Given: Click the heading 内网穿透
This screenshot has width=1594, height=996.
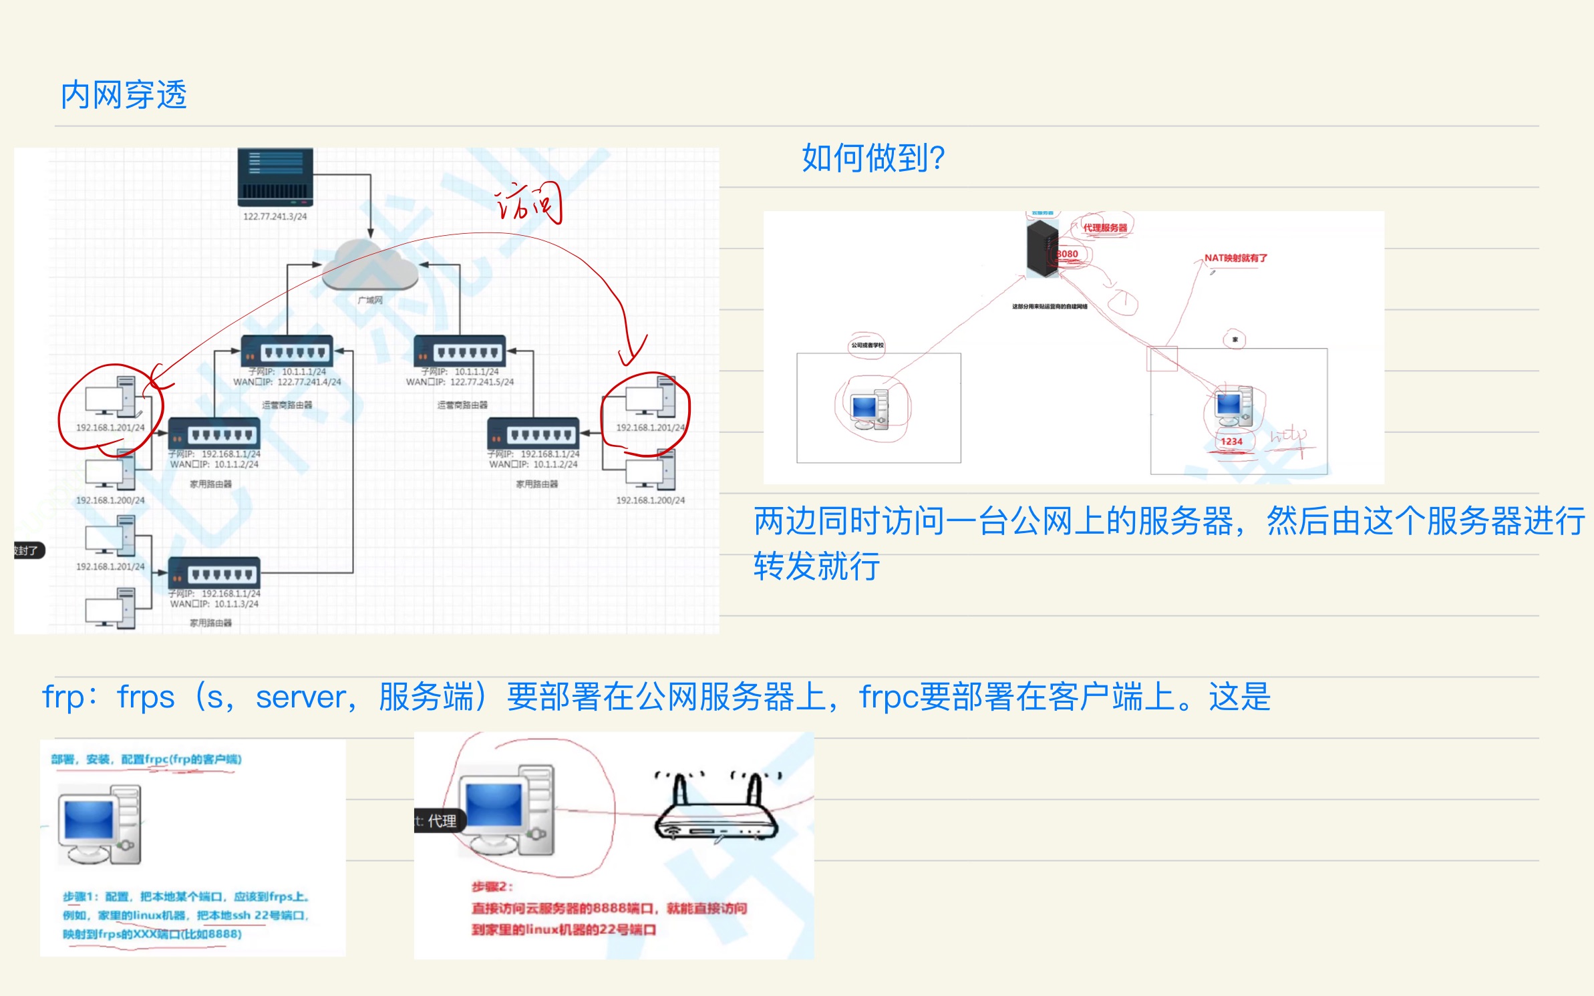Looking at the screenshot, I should pos(124,95).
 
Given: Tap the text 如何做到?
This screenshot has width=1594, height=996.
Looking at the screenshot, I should pos(872,158).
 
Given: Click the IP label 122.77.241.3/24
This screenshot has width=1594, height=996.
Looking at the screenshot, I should pos(275,216).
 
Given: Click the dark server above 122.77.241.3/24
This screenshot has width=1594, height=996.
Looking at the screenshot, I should pos(275,177).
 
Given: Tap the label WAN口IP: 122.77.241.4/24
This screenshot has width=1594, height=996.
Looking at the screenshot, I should pos(287,382).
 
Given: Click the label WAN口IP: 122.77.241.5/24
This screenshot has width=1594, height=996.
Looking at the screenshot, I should pos(460,382).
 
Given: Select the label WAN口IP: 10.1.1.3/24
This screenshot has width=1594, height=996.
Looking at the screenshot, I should pos(214,604).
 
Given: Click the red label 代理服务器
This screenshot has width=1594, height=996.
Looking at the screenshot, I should pos(1105,228).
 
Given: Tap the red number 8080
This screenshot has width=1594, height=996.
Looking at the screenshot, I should pos(1068,254).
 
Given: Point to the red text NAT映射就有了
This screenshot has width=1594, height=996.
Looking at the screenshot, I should pos(1235,258).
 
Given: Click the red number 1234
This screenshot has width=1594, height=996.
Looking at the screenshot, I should pos(1231,442).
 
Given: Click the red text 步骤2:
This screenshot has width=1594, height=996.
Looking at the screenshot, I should pos(492,886).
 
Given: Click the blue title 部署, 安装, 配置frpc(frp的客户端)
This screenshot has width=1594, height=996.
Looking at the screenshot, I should pos(146,759).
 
